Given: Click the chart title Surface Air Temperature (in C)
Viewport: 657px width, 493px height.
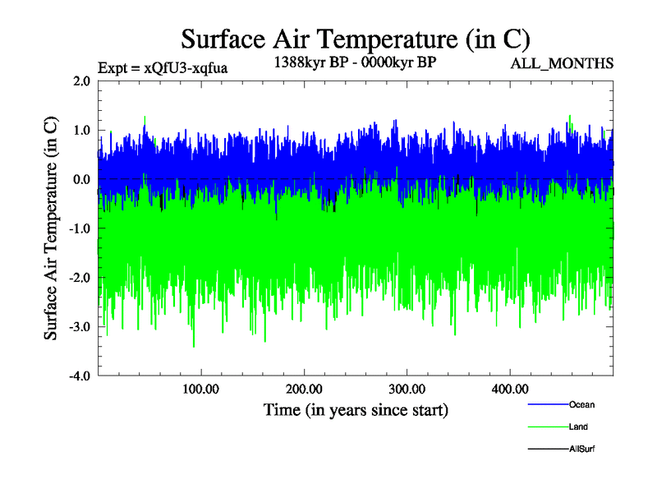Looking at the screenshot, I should (x=355, y=39).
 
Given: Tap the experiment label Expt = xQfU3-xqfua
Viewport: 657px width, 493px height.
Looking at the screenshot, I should (x=163, y=67).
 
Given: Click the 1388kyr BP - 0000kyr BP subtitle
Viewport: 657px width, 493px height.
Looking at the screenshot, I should (x=355, y=62).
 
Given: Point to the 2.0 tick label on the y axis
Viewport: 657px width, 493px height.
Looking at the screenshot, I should (x=81, y=81).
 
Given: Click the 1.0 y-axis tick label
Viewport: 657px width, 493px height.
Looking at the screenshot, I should (x=81, y=131).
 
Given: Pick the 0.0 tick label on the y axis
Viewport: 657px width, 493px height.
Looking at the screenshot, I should (x=81, y=180).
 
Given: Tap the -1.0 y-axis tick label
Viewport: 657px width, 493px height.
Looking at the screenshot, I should (x=80, y=229).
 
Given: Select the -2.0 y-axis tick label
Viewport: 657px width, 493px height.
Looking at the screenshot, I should (x=80, y=279).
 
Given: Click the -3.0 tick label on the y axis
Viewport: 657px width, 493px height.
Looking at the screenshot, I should (x=80, y=327).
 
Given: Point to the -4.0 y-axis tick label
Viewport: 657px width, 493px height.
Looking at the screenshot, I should (x=80, y=376).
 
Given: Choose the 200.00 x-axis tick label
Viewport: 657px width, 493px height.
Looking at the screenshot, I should (x=304, y=389).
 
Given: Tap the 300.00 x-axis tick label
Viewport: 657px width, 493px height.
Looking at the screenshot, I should (x=407, y=389).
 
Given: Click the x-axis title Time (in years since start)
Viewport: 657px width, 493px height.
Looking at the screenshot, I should (x=355, y=409).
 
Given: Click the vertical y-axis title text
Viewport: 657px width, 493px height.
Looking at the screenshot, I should (x=51, y=228).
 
